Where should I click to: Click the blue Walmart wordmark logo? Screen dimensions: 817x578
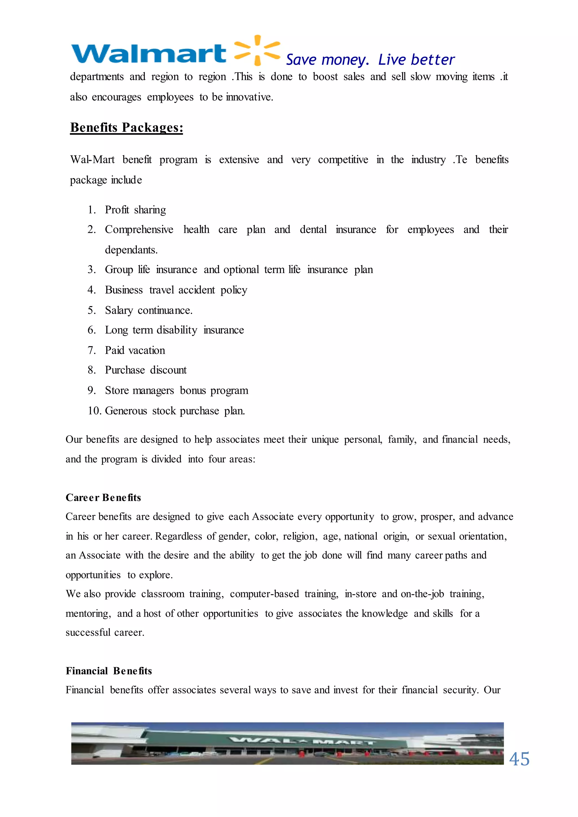[149, 54]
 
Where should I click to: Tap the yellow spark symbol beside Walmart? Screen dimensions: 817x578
[257, 50]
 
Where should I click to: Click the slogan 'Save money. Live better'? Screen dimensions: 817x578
[370, 60]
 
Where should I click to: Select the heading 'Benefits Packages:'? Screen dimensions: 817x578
[126, 128]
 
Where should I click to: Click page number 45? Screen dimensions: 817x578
[519, 759]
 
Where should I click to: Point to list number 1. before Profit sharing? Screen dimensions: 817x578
[92, 210]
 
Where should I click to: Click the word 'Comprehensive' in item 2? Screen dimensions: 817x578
[139, 230]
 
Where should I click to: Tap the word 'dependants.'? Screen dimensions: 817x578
[131, 250]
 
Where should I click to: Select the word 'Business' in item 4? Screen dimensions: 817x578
[124, 290]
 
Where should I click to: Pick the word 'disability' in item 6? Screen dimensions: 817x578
[177, 330]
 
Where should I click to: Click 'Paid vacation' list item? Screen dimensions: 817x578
[135, 350]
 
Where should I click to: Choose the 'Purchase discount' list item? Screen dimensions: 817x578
[146, 370]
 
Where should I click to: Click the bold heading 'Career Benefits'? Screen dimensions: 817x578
[103, 497]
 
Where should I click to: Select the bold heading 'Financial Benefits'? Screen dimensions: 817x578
[109, 671]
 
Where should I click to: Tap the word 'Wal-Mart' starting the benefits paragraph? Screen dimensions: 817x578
[93, 160]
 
